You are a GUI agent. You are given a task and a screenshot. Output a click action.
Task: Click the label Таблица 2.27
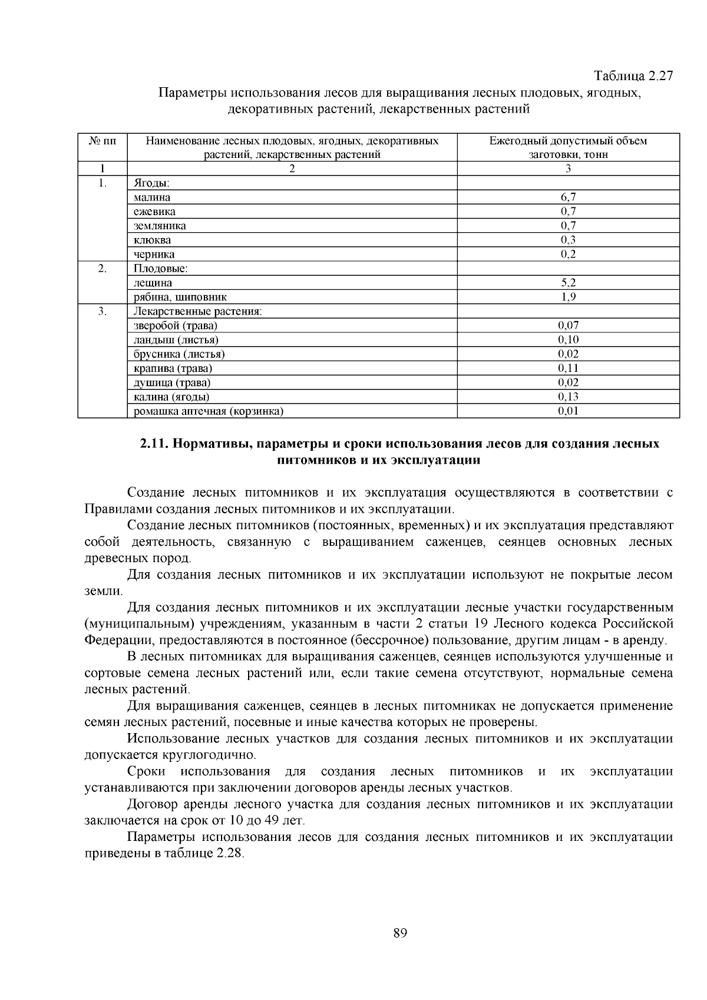pos(633,76)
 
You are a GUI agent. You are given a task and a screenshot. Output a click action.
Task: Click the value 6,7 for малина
pos(568,197)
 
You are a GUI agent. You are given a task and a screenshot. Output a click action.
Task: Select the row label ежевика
pos(154,212)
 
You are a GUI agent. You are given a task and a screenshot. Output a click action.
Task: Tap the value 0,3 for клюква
pos(568,240)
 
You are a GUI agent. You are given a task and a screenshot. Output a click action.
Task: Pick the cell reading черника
pos(154,255)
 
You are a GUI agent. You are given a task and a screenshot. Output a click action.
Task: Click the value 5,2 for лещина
pos(568,283)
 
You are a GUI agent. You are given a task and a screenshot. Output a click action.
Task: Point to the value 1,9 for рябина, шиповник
pos(568,297)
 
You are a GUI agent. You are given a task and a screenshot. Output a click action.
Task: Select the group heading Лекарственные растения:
pos(197,311)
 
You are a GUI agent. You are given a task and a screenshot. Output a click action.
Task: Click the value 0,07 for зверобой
pos(568,325)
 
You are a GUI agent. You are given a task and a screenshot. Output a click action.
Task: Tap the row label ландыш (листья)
pos(176,340)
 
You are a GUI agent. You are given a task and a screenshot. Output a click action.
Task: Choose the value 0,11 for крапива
pos(568,368)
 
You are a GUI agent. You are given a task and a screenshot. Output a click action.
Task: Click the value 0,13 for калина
pos(568,397)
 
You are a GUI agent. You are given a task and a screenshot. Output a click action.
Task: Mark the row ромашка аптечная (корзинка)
pos(209,411)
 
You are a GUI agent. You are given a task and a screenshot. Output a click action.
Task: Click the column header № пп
pos(103,141)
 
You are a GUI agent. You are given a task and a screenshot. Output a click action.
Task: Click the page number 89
pos(400,933)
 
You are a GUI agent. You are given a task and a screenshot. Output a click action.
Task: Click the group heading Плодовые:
pos(160,269)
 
